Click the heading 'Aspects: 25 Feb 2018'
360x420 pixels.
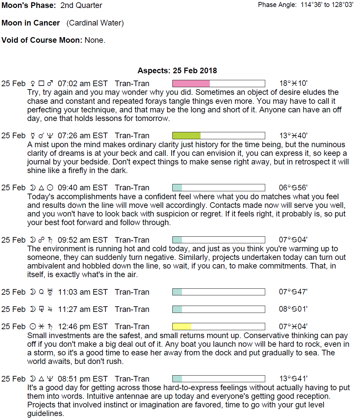177,71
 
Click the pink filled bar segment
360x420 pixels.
191,83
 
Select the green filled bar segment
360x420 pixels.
187,136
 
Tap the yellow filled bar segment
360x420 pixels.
182,327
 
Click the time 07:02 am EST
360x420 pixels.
83,84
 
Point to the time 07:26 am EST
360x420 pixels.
83,136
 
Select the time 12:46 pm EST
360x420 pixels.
83,327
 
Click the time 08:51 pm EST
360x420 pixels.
83,379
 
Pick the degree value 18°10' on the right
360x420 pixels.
293,83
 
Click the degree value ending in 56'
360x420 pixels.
293,188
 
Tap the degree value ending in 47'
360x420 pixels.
293,292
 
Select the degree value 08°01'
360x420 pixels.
293,309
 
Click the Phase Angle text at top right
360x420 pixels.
305,5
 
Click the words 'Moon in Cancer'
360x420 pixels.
31,23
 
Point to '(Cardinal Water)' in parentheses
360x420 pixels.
95,23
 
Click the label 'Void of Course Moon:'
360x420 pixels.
42,40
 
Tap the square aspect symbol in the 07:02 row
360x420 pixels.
41,84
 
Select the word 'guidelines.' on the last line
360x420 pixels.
46,413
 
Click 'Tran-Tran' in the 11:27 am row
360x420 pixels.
132,309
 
